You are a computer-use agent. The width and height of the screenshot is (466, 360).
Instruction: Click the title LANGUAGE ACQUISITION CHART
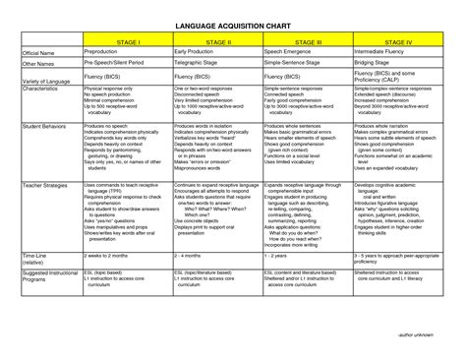coord(232,24)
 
